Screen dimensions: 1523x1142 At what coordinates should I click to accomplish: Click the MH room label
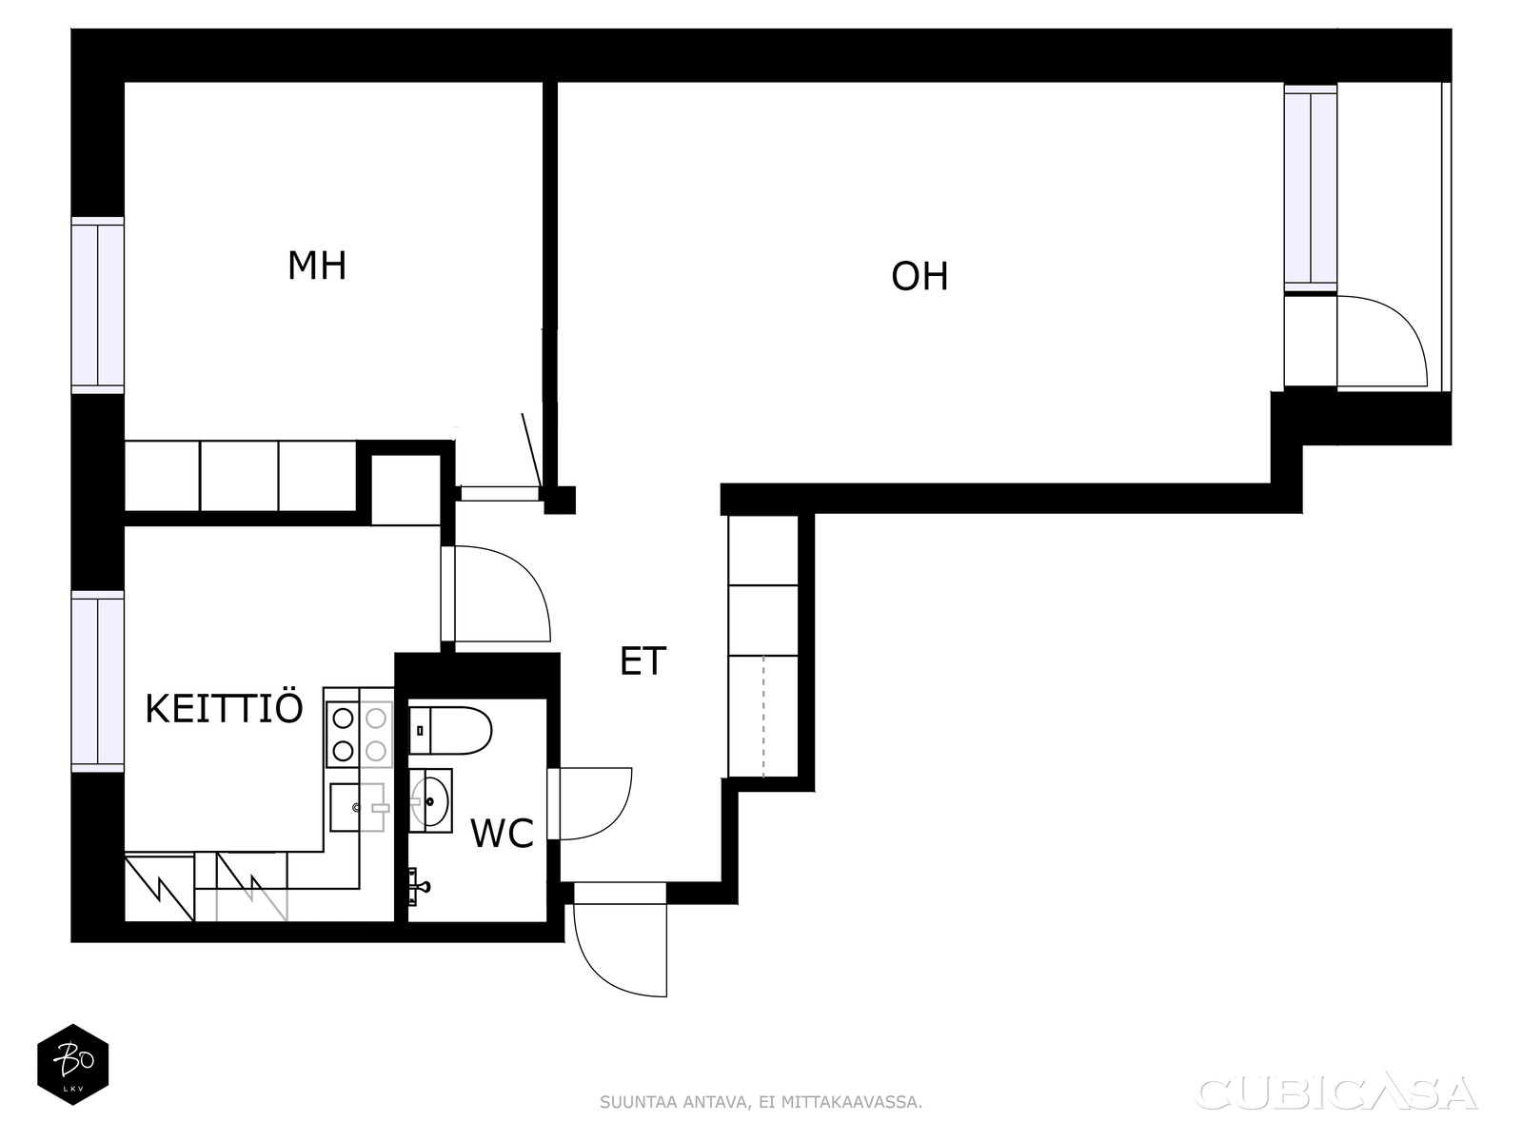pyautogui.click(x=317, y=266)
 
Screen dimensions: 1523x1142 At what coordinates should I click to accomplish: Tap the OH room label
pyautogui.click(x=920, y=276)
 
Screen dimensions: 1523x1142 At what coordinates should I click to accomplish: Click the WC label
pyautogui.click(x=502, y=833)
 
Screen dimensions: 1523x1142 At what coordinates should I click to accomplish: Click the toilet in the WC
pyautogui.click(x=449, y=730)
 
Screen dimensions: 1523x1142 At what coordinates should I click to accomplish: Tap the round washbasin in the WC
pyautogui.click(x=430, y=800)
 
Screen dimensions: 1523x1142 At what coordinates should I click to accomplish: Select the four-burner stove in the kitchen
pyautogui.click(x=359, y=735)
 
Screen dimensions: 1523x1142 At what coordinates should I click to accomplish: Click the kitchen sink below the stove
pyautogui.click(x=357, y=807)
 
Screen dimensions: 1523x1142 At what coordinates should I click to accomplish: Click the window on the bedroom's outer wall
pyautogui.click(x=98, y=305)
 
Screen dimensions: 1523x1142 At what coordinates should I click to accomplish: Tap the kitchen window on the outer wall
pyautogui.click(x=98, y=680)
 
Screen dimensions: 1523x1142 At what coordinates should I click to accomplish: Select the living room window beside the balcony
pyautogui.click(x=1310, y=187)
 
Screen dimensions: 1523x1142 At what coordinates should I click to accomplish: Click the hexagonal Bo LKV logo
pyautogui.click(x=73, y=1064)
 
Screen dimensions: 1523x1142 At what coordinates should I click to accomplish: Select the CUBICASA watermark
pyautogui.click(x=1337, y=1093)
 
